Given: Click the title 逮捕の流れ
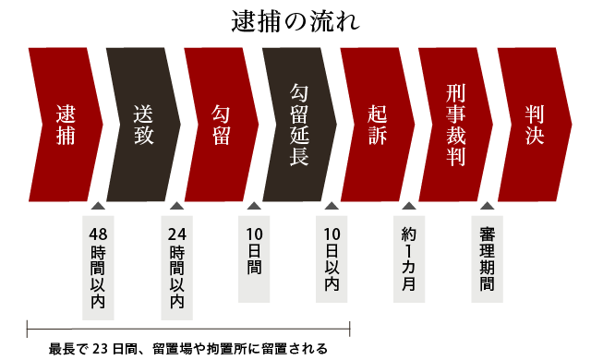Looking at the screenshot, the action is [295, 20].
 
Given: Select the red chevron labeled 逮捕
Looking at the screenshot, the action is [65, 125].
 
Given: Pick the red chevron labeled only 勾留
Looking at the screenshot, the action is [221, 125].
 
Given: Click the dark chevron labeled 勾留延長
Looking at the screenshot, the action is [298, 125].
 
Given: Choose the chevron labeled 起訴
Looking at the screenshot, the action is [377, 125].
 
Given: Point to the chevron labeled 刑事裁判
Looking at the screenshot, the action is [454, 125].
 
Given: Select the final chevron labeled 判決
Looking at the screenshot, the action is [533, 125].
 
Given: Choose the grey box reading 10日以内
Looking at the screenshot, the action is [332, 259].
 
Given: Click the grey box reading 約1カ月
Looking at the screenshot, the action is [410, 259].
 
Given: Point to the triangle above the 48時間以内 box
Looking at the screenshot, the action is [98, 207].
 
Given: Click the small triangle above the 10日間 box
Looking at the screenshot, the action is [255, 207].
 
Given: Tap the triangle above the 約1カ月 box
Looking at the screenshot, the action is [410, 207].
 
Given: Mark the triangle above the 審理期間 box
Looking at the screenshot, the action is [488, 207].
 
